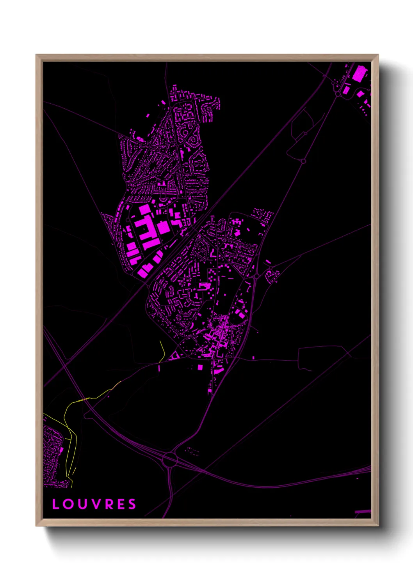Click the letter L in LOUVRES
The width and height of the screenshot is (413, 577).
click(x=56, y=504)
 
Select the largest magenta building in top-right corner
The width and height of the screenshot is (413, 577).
click(x=360, y=73)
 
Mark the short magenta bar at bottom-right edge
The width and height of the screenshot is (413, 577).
click(x=363, y=512)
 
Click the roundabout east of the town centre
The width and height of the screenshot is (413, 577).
click(x=256, y=276)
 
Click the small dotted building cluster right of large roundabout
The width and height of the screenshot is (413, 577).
click(x=192, y=451)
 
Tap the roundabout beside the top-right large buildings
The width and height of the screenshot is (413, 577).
click(x=338, y=94)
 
